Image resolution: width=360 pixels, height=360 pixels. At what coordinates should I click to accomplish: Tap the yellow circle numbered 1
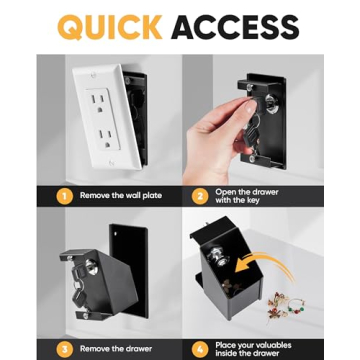64,195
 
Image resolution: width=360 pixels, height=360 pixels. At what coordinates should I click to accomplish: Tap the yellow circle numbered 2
199,195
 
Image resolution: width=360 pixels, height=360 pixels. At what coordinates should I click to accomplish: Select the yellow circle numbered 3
64,348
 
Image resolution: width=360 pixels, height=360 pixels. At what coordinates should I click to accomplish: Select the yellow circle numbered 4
199,348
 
